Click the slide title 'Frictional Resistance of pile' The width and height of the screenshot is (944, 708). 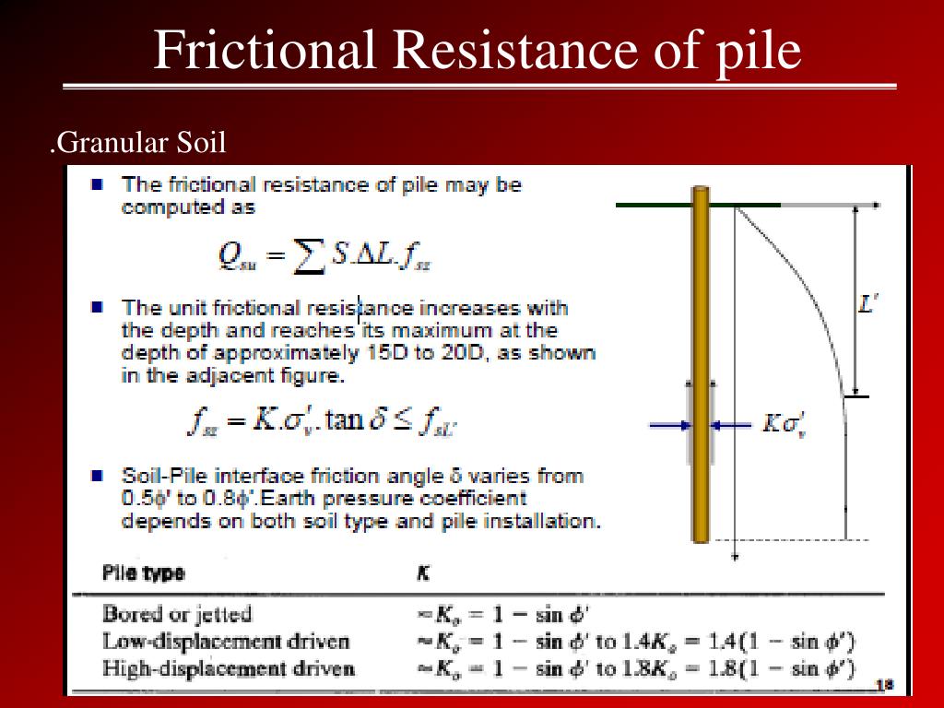pyautogui.click(x=478, y=51)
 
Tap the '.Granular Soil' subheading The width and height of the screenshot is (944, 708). pyautogui.click(x=138, y=144)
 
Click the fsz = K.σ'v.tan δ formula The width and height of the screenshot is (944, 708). pyautogui.click(x=322, y=421)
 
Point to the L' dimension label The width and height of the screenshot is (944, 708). pyautogui.click(x=867, y=303)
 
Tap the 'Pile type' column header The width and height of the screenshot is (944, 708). pyautogui.click(x=143, y=572)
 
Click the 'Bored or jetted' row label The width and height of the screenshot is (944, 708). pyautogui.click(x=177, y=614)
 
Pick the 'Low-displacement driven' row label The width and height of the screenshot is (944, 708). pyautogui.click(x=226, y=642)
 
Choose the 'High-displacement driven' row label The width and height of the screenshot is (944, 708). pyautogui.click(x=229, y=668)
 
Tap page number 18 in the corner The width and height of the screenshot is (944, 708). pyautogui.click(x=884, y=683)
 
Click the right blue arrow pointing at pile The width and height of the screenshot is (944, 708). pyautogui.click(x=732, y=425)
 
